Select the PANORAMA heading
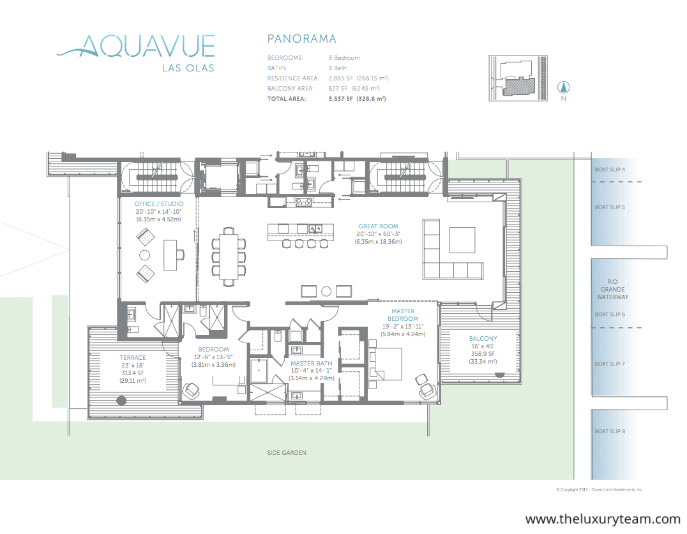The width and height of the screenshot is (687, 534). [x=302, y=39]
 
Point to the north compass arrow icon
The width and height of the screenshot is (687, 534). [x=563, y=87]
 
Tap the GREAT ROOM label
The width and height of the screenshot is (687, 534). [x=378, y=226]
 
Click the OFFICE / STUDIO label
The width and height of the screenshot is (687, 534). [x=158, y=204]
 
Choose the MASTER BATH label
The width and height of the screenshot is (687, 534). [x=312, y=363]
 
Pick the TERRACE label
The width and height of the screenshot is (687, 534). [x=133, y=358]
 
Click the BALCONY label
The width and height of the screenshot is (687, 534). [x=483, y=338]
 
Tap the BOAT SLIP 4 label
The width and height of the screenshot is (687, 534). [x=610, y=170]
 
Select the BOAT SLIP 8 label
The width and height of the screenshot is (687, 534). [x=610, y=431]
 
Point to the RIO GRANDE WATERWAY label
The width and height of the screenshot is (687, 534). [x=612, y=289]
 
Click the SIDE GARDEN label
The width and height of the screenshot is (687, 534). [x=287, y=452]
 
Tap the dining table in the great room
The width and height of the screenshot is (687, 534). [x=229, y=256]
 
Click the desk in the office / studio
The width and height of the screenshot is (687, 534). [x=170, y=255]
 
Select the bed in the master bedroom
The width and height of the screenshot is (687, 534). [x=386, y=363]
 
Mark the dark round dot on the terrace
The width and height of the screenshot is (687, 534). [x=121, y=400]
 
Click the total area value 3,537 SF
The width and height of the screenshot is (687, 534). [x=340, y=99]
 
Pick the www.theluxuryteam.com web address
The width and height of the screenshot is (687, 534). [x=603, y=519]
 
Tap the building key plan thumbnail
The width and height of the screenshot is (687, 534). [x=518, y=78]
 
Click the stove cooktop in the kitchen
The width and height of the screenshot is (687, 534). [x=304, y=202]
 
